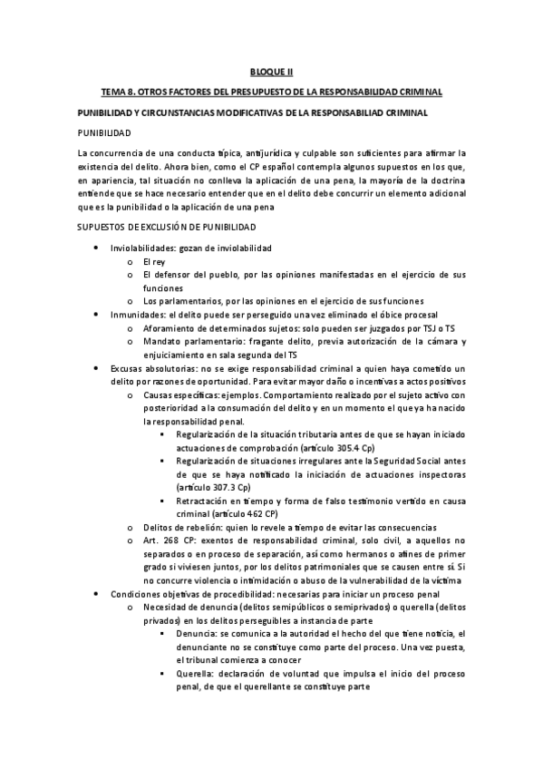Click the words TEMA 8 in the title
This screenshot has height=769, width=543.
point(122,92)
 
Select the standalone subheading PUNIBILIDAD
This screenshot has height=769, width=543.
point(106,132)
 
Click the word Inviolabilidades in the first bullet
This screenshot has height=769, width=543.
point(141,248)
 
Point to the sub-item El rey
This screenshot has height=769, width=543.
point(156,261)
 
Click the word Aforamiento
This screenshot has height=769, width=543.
point(169,328)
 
